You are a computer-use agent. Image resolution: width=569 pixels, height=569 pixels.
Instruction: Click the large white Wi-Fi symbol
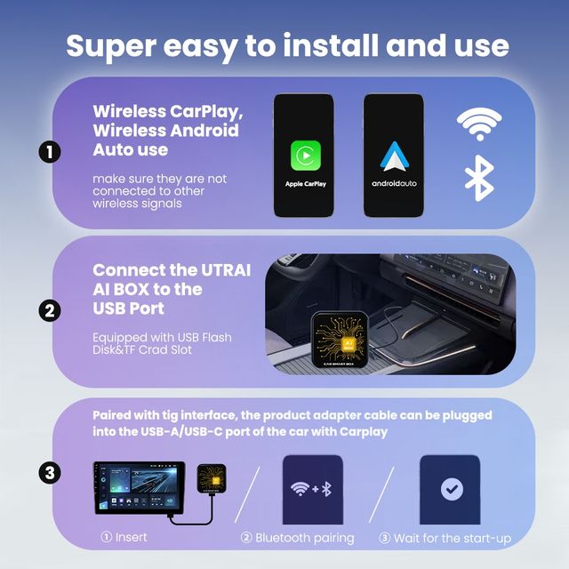coord(479,124)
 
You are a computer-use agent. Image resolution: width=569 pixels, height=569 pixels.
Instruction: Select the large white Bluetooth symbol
coord(479,178)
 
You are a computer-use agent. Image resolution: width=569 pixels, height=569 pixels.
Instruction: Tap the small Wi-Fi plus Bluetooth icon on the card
coord(311,490)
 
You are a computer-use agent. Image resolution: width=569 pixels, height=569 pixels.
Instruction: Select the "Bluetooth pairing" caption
coord(299,538)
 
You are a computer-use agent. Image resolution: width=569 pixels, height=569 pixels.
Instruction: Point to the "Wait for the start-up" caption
coord(445,538)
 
